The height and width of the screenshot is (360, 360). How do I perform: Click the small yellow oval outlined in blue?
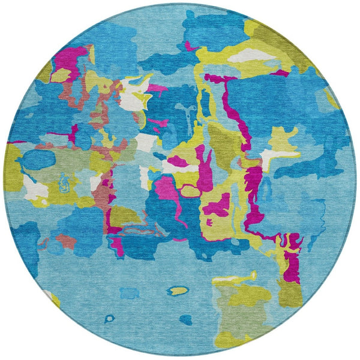tap(176, 291)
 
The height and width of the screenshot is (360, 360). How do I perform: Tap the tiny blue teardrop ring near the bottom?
tap(109, 319)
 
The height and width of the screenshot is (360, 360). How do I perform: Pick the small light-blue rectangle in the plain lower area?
tap(129, 293)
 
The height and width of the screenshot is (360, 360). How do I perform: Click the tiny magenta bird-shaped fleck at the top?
tap(191, 46)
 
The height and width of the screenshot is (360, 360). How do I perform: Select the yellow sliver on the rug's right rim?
tap(331, 97)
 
